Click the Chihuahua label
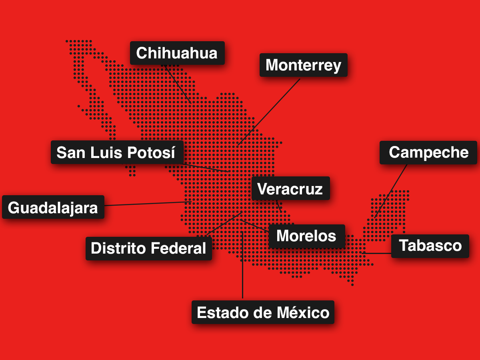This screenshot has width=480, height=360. [177, 53]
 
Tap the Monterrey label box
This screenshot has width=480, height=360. [303, 65]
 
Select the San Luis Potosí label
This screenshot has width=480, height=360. [117, 152]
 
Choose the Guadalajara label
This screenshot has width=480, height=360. [53, 208]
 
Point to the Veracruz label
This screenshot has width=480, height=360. [290, 188]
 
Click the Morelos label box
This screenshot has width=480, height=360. [306, 236]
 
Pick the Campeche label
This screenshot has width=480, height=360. [428, 152]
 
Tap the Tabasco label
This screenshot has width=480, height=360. [430, 246]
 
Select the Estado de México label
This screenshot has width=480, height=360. [263, 312]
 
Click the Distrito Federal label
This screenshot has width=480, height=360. [148, 248]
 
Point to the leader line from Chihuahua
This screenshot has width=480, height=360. [178, 83]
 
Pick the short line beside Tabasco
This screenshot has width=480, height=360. [377, 253]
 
